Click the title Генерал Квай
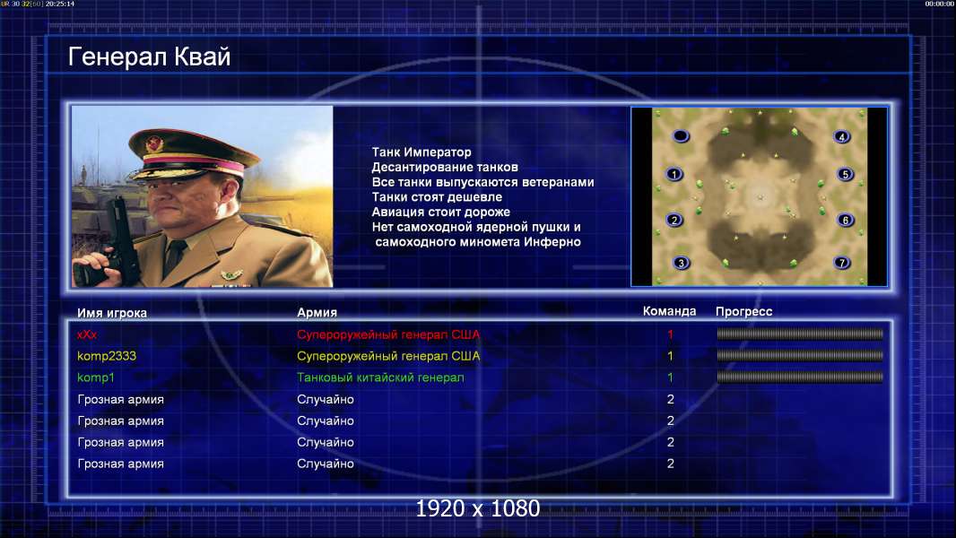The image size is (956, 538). pos(150,56)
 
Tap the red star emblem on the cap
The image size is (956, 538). pos(153,144)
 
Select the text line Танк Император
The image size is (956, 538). pos(422,152)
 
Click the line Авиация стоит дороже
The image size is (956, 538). pos(441,212)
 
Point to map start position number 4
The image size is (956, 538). pos(842,136)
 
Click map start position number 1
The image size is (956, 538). pos(674,174)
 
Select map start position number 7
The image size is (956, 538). pos(842,263)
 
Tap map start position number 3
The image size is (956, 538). pos(681,263)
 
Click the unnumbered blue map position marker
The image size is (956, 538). pos(681,136)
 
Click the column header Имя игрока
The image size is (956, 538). pos(112,313)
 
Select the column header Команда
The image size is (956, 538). pos(669,311)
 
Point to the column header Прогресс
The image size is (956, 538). pos(743,312)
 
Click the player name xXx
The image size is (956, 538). pos(87,334)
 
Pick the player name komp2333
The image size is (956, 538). pos(107,356)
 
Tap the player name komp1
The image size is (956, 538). pos(96,377)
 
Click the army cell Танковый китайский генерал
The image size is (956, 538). pos(380,377)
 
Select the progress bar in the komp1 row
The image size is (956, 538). pos(800,377)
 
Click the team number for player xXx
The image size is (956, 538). pos(670,334)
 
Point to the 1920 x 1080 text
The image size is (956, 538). pos(478,508)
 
